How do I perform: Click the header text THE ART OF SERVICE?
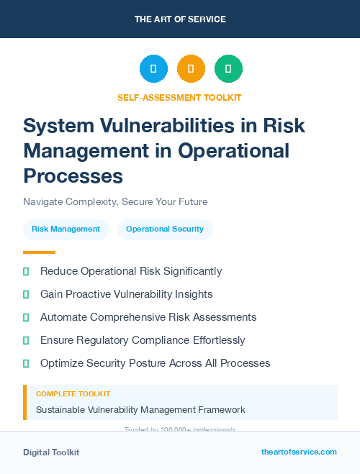pos(180,19)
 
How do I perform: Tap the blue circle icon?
pos(153,69)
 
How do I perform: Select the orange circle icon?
pos(191,69)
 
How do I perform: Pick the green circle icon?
pos(228,69)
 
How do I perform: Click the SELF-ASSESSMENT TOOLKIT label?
pos(179,97)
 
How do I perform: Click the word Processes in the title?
pos(73,175)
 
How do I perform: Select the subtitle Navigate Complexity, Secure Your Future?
pos(115,201)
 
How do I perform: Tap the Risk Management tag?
pos(66,229)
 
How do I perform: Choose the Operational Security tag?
pos(165,229)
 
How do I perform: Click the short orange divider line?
pos(39,252)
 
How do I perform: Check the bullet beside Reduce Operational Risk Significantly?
pos(26,271)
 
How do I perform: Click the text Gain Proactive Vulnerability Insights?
pos(126,294)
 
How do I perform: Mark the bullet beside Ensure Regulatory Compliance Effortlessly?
pos(26,340)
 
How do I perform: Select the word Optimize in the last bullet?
pos(63,363)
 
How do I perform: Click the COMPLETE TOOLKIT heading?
pos(73,394)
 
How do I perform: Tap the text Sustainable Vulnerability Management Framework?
pos(140,410)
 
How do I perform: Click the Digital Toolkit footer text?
pos(51,452)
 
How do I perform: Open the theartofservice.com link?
pos(299,452)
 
